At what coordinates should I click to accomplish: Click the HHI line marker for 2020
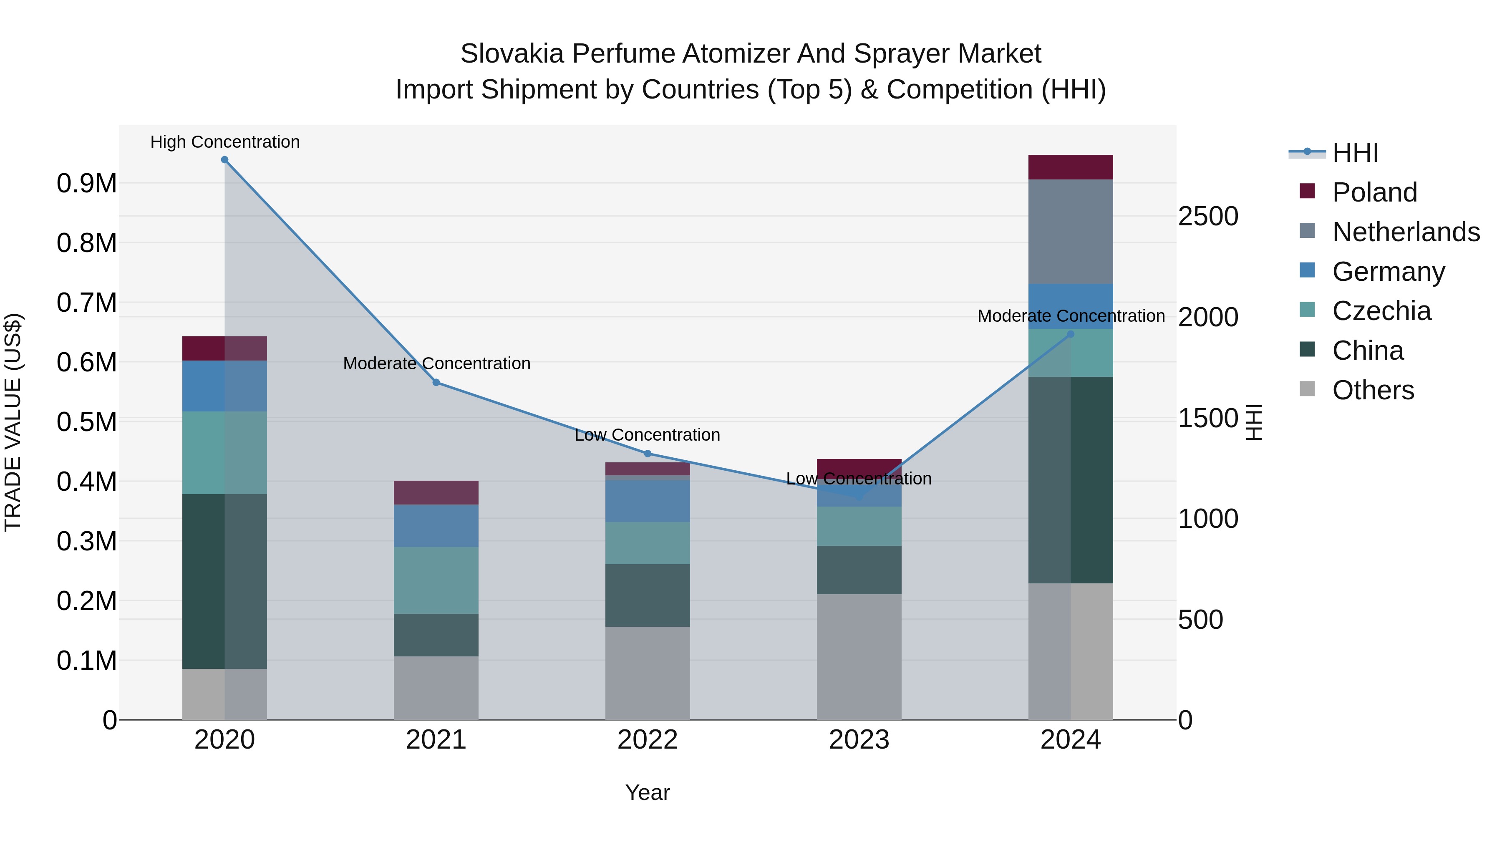pos(224,160)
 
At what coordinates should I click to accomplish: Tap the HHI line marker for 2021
pos(436,383)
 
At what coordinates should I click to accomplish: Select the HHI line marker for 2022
pos(647,454)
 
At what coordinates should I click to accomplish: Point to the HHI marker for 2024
pos(1071,334)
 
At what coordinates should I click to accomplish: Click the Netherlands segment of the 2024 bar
pos(1071,232)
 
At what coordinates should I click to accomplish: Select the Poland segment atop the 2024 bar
pos(1071,167)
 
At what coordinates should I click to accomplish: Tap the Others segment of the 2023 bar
pos(859,657)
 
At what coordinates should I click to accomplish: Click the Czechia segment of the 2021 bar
pos(436,580)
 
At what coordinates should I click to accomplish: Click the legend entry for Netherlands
pos(1406,232)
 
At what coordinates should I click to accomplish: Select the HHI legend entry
pos(1355,153)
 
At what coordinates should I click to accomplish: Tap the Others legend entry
pos(1373,390)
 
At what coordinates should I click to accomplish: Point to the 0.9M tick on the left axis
pos(86,184)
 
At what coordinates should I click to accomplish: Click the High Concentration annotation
pos(225,142)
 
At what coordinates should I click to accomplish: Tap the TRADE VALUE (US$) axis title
pos(13,422)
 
